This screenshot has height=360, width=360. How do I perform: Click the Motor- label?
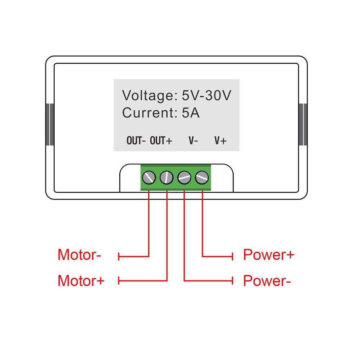[x=79, y=255]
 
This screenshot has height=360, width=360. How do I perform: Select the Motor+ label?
[x=81, y=281]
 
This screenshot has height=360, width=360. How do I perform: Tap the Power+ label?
[x=268, y=255]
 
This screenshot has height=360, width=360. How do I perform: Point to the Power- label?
[x=267, y=281]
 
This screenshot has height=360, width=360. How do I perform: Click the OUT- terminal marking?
[x=136, y=141]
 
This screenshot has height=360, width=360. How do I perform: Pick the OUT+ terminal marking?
[x=161, y=141]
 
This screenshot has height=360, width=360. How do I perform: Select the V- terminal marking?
[x=193, y=141]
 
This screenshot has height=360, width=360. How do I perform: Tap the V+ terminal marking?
[x=220, y=141]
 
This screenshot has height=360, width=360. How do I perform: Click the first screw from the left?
[x=149, y=177]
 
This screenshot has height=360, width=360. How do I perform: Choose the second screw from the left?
[x=167, y=177]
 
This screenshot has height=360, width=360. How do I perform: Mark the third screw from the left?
[x=184, y=177]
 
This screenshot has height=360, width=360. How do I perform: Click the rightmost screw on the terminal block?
[x=202, y=177]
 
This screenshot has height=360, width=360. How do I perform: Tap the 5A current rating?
[x=191, y=113]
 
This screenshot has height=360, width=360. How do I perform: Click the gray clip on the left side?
[x=50, y=124]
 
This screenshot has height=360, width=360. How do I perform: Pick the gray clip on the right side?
[x=303, y=124]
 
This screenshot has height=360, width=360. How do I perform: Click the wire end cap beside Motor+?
[x=119, y=281]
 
